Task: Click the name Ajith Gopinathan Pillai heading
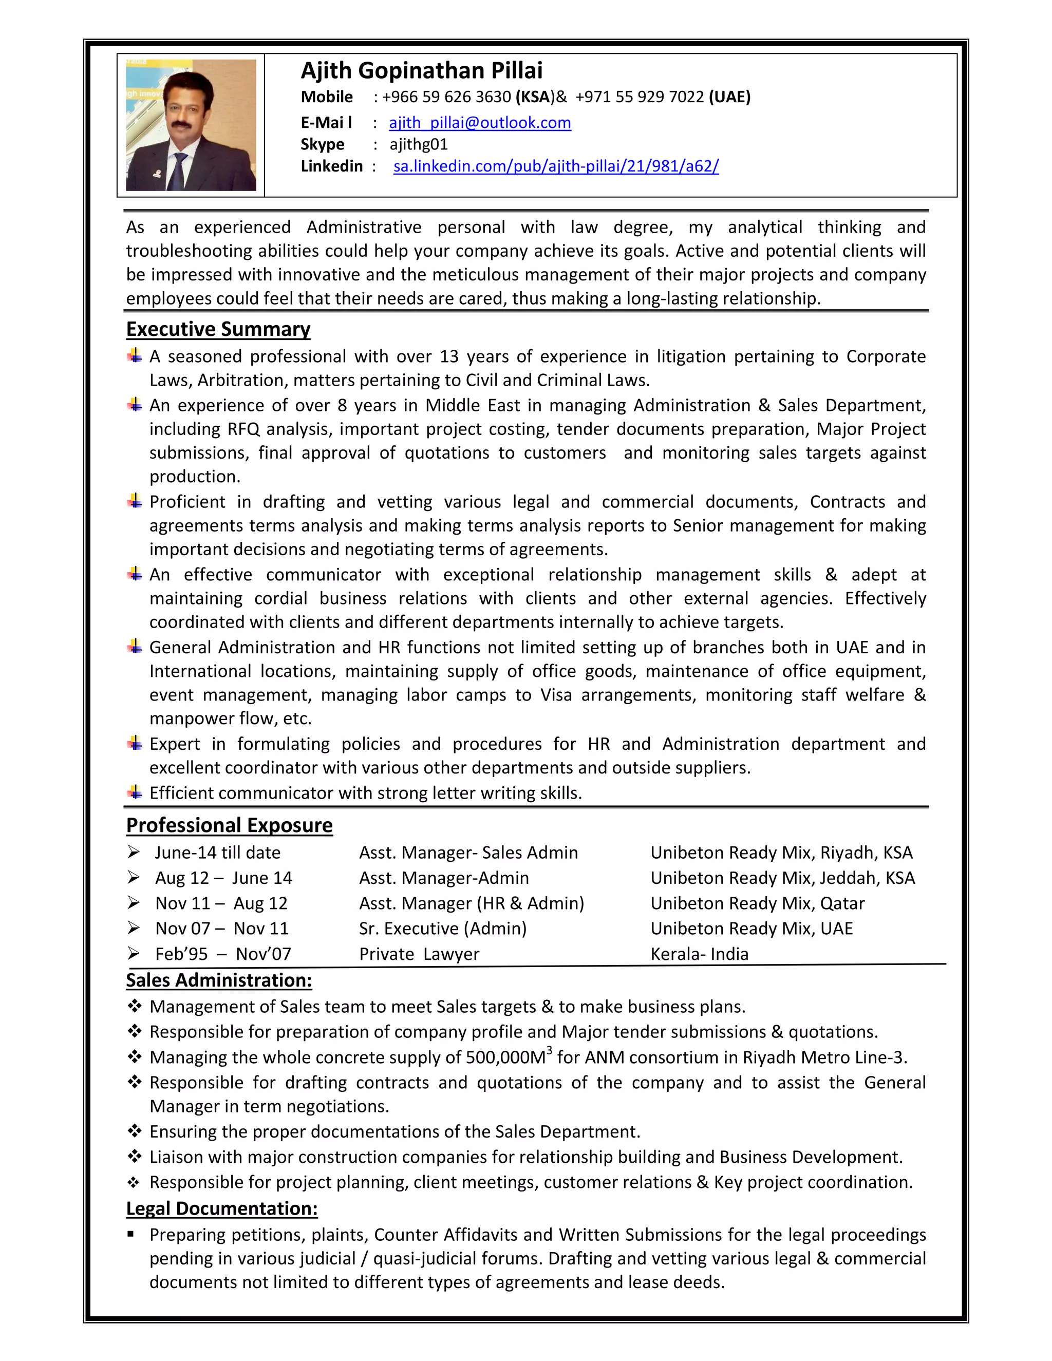click(421, 71)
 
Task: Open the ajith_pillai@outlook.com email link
click(479, 123)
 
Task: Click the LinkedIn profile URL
click(556, 166)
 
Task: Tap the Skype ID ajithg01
click(418, 145)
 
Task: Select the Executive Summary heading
click(218, 329)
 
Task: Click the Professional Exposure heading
click(229, 825)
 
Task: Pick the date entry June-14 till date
click(217, 853)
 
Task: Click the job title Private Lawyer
click(419, 954)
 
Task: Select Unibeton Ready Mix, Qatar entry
click(757, 903)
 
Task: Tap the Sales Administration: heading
click(219, 980)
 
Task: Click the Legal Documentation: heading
click(222, 1208)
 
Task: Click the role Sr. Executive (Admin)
click(442, 929)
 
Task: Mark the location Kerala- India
click(699, 954)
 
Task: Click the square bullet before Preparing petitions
click(130, 1235)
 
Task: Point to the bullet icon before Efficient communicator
click(135, 792)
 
